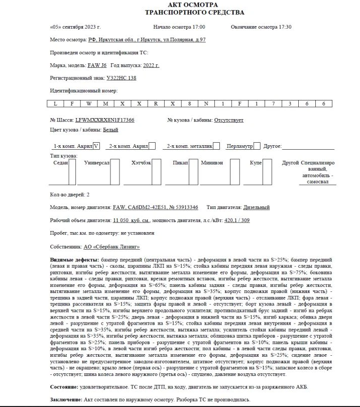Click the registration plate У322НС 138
[x=121, y=78]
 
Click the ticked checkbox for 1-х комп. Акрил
[x=97, y=146]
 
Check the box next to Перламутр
[x=257, y=146]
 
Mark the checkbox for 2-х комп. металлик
[x=216, y=146]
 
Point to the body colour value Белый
[x=110, y=130]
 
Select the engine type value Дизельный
[x=257, y=207]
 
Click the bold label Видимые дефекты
[x=74, y=260]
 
